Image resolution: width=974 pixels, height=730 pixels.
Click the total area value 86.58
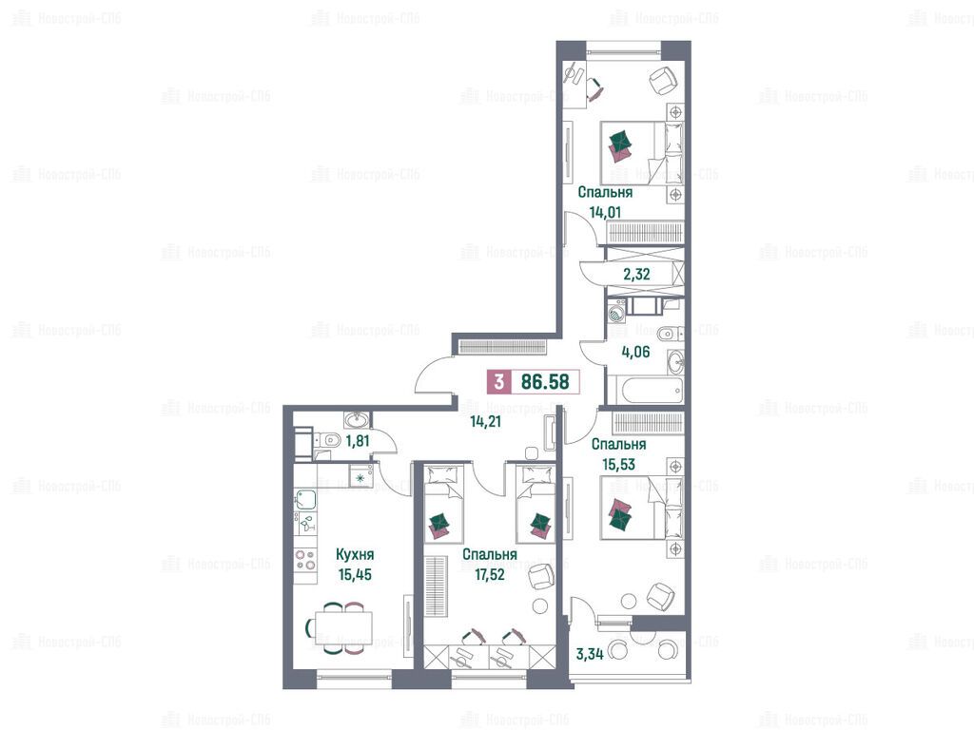click(545, 382)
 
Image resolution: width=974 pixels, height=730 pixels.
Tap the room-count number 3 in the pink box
click(498, 382)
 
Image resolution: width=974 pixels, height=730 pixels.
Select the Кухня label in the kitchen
click(355, 554)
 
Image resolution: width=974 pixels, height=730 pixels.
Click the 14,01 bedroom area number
click(605, 212)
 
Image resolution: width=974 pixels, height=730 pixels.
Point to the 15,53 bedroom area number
click(618, 464)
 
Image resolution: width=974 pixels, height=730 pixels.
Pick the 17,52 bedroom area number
click(490, 575)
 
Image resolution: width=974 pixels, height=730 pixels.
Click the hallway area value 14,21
click(485, 422)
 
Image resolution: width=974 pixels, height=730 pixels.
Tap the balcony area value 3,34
click(590, 654)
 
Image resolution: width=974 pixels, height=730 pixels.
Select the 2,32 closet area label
click(636, 274)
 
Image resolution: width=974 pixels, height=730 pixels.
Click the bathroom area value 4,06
click(635, 352)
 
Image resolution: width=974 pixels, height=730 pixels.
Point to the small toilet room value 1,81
click(358, 441)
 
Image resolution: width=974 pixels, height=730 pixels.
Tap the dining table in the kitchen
click(343, 628)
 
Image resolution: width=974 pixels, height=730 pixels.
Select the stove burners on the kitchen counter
click(305, 559)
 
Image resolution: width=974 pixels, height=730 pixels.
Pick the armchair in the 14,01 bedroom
click(663, 80)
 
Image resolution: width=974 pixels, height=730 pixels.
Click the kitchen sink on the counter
click(305, 499)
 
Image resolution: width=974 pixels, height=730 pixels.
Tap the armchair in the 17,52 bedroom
click(540, 576)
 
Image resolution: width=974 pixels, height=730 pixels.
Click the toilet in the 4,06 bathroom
click(669, 335)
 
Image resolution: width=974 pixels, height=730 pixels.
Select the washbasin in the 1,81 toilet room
click(356, 421)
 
